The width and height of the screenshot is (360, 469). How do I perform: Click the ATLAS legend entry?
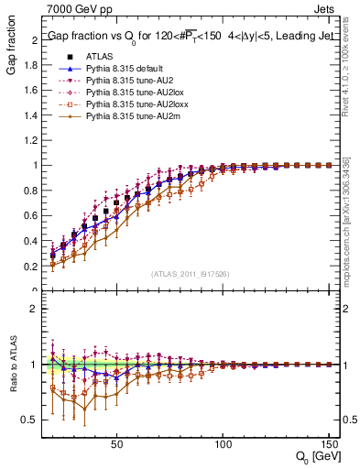coord(99,57)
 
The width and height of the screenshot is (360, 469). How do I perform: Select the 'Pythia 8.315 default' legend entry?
coord(127,69)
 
